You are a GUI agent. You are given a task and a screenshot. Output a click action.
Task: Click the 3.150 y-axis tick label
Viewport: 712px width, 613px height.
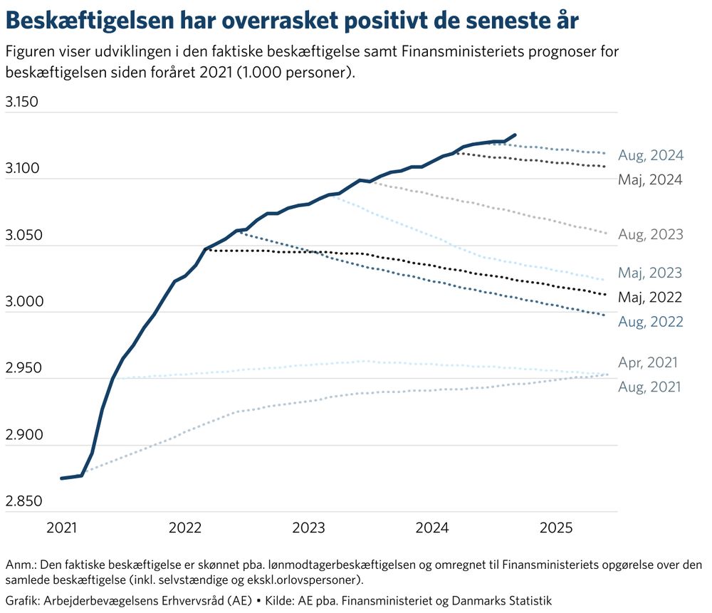point(21,101)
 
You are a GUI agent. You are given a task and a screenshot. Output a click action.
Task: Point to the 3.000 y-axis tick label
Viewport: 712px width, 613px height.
point(21,301)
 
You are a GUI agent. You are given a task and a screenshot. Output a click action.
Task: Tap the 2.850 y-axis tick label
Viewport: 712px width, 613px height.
point(21,501)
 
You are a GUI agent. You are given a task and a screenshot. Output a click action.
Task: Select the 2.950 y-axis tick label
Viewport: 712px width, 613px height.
point(21,368)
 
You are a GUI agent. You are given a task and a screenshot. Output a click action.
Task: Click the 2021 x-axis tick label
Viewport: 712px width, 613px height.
point(62,528)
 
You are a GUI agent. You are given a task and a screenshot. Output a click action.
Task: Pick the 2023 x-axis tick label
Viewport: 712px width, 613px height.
point(308,528)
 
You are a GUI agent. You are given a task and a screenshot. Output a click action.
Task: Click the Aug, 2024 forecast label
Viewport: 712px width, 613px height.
point(651,155)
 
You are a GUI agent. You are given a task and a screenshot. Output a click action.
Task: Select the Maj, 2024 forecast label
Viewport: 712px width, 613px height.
point(651,180)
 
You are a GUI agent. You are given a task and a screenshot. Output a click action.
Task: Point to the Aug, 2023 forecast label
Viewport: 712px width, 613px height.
point(651,234)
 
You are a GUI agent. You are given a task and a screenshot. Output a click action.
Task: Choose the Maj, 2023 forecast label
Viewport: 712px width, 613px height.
point(651,273)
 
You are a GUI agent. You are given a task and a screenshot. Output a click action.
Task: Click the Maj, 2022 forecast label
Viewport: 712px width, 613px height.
point(651,298)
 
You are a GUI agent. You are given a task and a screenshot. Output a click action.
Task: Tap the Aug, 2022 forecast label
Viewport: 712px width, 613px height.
point(651,322)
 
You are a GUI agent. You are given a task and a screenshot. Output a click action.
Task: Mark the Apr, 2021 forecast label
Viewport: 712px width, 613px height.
point(648,363)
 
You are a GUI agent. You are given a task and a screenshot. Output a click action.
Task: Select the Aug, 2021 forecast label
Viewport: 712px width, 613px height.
point(649,387)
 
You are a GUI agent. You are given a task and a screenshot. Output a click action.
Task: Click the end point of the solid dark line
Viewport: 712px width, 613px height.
point(515,135)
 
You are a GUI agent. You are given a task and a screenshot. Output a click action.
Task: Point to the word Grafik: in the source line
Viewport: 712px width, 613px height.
point(23,600)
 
